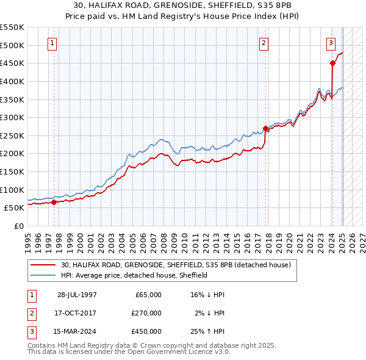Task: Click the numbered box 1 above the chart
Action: tap(52, 43)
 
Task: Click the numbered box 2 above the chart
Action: tap(264, 43)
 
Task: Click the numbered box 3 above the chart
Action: tap(330, 43)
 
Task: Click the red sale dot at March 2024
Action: tap(332, 63)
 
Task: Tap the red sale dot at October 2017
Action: tap(265, 128)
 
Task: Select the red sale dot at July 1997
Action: tap(54, 202)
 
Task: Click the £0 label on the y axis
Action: tap(18, 226)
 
